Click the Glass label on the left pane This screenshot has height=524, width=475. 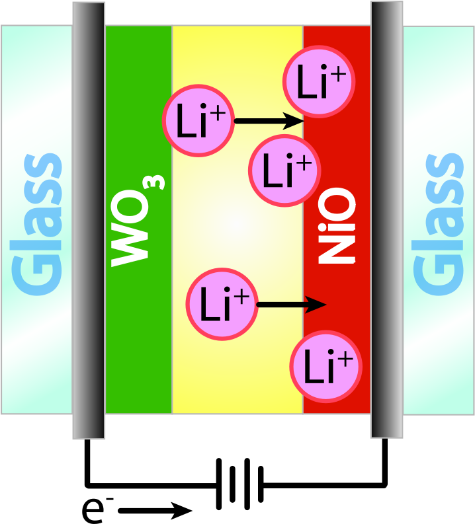pos(37,225)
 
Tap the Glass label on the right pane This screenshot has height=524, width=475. pos(439,225)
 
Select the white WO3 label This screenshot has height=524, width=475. pos(137,221)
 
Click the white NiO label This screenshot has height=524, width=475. pos(336,225)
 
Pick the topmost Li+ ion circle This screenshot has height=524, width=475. pos(319,81)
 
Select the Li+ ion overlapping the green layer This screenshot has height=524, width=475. pos(198,120)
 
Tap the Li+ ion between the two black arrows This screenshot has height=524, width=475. pos(284,170)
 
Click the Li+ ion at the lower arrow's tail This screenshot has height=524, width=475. pos(222,304)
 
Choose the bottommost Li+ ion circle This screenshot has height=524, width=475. pos(326,367)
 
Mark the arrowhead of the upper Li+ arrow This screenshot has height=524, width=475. pos(294,121)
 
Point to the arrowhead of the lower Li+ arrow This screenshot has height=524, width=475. pos(316,305)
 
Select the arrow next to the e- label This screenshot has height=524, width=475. pos(155,511)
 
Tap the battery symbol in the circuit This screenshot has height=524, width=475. pos(240,484)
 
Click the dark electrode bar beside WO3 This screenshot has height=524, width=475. pos(89,220)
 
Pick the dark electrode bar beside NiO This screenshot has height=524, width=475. pos(387,219)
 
